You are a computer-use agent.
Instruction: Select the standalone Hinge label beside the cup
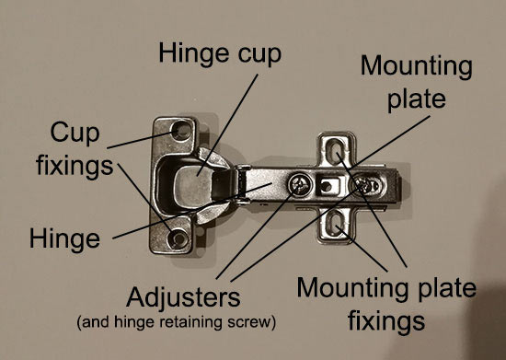[x=63, y=239]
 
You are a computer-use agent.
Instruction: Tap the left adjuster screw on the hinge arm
[x=300, y=183]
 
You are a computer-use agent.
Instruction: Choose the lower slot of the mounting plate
[x=339, y=224]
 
